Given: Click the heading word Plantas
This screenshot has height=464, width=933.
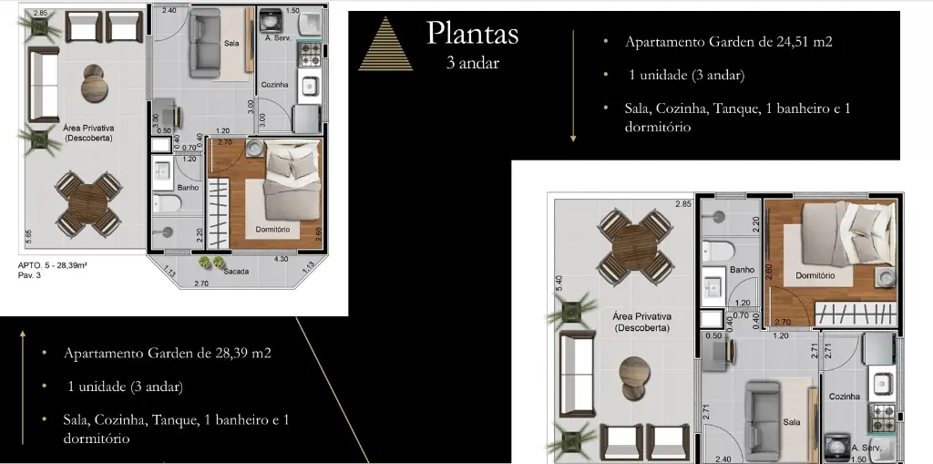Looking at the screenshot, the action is point(473,34).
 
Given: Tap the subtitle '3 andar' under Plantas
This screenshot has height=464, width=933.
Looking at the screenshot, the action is point(473,63).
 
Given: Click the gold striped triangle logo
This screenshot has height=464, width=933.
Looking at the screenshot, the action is point(385,44).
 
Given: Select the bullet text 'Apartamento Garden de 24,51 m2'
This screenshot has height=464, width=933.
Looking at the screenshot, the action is point(728,42).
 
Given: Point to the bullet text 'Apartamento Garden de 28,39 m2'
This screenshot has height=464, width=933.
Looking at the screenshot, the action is point(168,353).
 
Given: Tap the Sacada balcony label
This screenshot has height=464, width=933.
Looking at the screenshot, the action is point(236,272).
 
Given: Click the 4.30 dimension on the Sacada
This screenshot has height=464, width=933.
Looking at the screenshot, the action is point(281,260).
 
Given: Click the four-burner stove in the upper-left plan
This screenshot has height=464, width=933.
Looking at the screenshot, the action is point(309,54).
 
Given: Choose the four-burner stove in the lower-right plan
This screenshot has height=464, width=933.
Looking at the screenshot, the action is point(883,417).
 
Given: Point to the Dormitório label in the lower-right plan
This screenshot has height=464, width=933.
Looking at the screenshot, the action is point(815,276).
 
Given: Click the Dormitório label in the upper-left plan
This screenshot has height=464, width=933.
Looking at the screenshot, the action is point(272,230).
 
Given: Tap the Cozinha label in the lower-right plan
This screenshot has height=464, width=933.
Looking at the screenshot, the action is point(845,397).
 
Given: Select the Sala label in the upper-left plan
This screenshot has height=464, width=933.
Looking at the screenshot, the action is point(231,43).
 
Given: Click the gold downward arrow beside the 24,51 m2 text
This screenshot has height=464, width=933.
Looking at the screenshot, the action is point(573,87).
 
